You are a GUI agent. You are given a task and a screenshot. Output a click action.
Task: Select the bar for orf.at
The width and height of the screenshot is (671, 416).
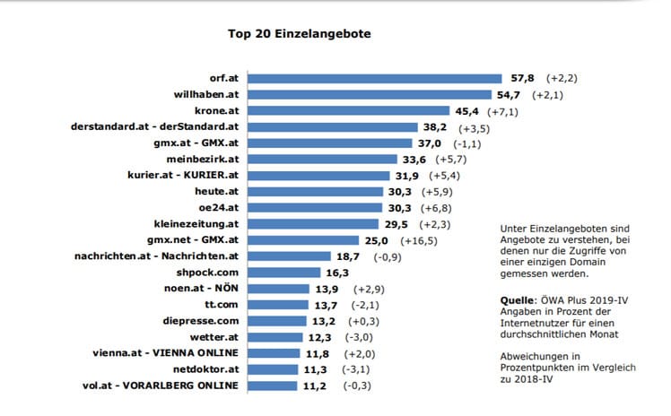(374, 79)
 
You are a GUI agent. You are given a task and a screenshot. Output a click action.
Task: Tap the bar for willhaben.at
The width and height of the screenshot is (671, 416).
(367, 95)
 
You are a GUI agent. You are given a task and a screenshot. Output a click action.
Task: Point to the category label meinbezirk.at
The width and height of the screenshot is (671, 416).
(204, 160)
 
